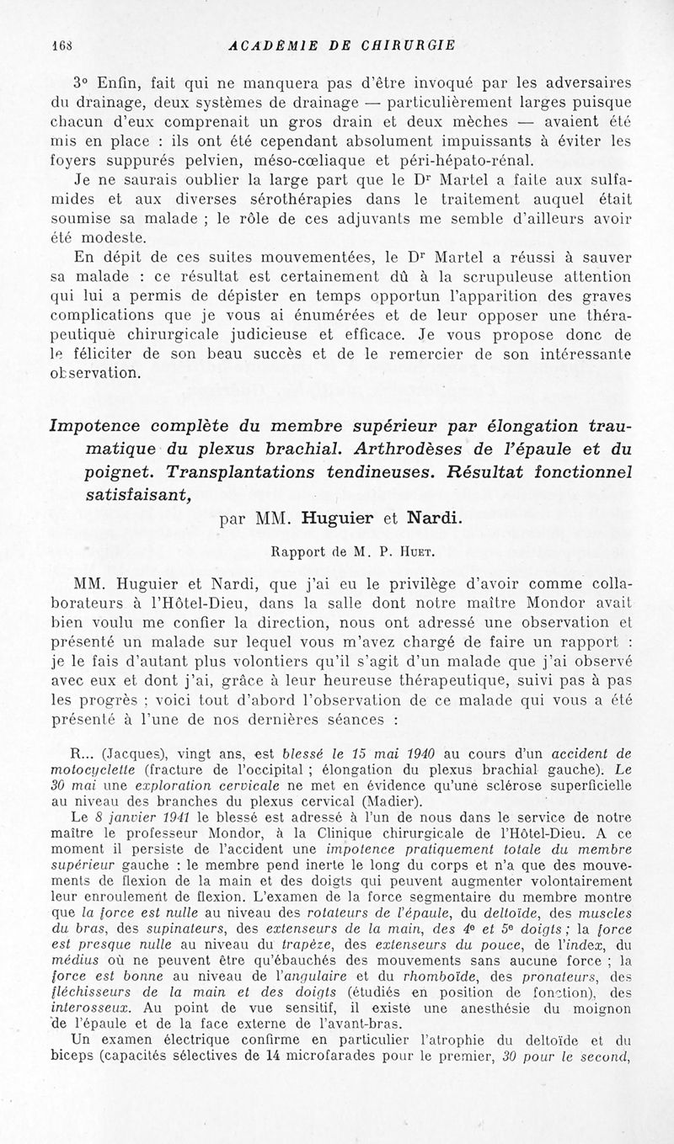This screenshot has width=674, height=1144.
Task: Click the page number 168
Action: pyautogui.click(x=62, y=45)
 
